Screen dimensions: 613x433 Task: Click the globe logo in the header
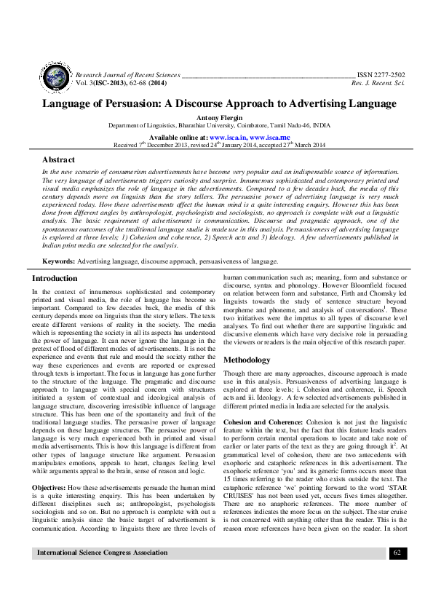[x=55, y=77]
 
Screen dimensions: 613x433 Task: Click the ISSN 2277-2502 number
[x=381, y=75]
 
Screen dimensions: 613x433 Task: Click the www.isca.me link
[x=271, y=137]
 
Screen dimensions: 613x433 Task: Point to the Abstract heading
[x=58, y=159]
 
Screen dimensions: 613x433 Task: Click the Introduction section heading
[x=55, y=278]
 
